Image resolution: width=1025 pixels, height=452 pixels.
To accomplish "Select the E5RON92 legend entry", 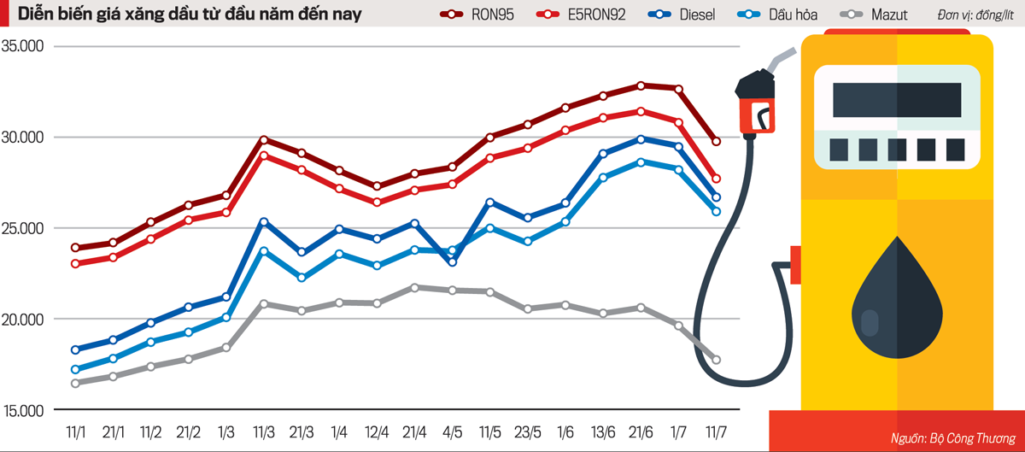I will coord(582,15).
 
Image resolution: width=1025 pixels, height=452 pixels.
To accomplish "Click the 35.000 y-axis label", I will coord(23,47).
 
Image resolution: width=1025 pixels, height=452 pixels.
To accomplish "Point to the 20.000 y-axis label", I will coord(23,320).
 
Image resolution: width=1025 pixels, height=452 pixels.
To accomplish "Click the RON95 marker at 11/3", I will coord(263,139).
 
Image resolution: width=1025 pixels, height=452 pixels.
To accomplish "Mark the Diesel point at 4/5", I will coord(452,261).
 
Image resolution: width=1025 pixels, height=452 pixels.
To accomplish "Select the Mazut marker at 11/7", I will coord(716,360).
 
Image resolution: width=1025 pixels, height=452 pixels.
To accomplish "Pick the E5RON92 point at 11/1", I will coord(75,263).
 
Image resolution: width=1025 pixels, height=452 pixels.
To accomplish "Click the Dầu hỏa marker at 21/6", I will coord(641,162).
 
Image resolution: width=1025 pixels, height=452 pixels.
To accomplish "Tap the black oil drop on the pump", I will coord(897,300).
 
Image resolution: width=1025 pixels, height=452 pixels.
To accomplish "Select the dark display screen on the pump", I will coord(897,100).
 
